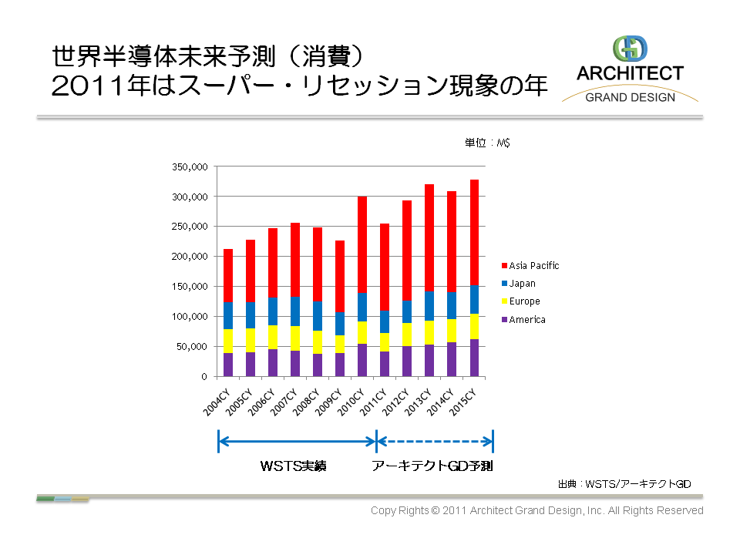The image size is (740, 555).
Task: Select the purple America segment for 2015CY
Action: click(474, 358)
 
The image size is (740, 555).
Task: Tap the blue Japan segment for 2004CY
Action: click(228, 315)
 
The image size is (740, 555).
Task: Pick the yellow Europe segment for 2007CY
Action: click(295, 338)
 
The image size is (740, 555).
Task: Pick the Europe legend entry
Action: click(524, 301)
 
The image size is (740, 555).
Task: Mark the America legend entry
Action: click(526, 320)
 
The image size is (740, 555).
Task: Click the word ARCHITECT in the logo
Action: click(630, 73)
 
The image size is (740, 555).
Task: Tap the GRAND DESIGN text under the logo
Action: click(630, 97)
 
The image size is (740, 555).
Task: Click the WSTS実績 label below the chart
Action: click(293, 466)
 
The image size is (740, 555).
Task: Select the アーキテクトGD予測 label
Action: click(432, 466)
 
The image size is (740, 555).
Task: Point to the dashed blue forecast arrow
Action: click(434, 442)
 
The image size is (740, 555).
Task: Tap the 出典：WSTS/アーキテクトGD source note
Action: click(624, 484)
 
